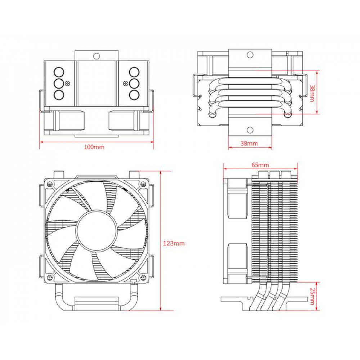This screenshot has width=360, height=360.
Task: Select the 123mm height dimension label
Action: pyautogui.click(x=174, y=243)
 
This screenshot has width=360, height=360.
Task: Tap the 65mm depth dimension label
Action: pyautogui.click(x=260, y=165)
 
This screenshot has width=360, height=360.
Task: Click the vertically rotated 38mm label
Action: pyautogui.click(x=312, y=93)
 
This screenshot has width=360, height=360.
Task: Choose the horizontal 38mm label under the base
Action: pyautogui.click(x=249, y=143)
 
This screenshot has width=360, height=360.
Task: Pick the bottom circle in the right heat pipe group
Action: pyautogui.click(x=134, y=95)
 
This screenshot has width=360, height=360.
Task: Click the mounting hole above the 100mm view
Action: pyautogui.click(x=96, y=56)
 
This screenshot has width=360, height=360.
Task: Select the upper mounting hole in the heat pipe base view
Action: pyautogui.click(x=250, y=55)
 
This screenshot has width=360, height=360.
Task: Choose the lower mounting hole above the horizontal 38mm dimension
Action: pyautogui.click(x=250, y=130)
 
